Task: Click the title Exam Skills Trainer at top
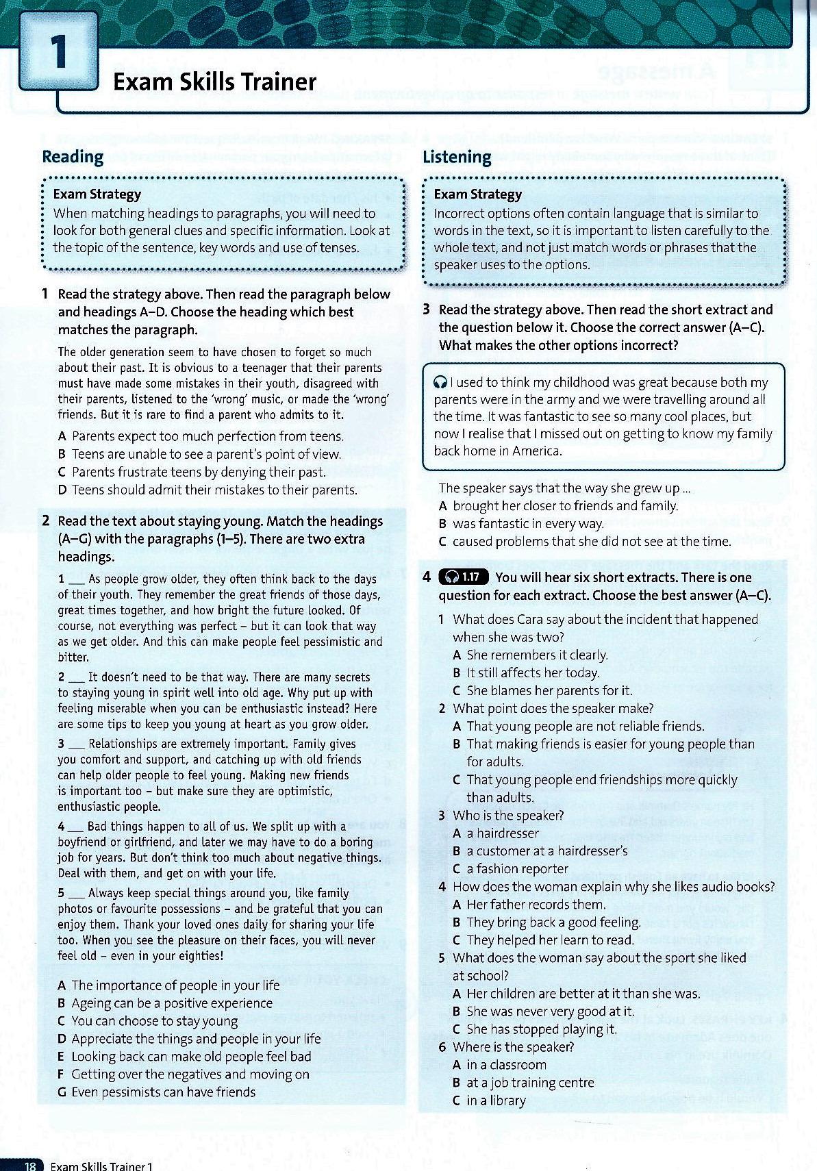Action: [x=214, y=82]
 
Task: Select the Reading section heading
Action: [x=73, y=157]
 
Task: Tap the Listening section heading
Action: [x=457, y=157]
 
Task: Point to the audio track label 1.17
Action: [x=466, y=577]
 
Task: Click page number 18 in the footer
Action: [x=30, y=1165]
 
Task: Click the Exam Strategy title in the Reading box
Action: [x=97, y=194]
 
